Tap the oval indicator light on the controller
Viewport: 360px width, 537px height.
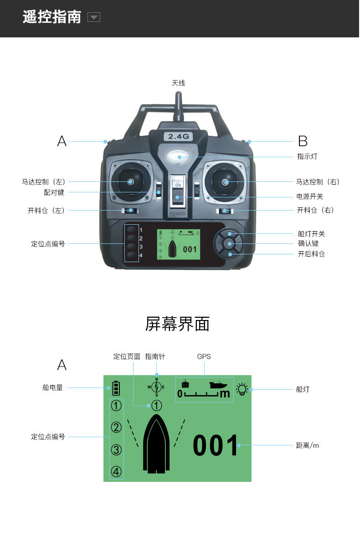click(178, 157)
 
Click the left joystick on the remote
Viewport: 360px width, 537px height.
click(130, 181)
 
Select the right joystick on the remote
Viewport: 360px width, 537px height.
click(225, 182)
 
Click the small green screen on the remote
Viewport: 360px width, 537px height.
click(178, 244)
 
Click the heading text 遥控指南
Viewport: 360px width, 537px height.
click(52, 17)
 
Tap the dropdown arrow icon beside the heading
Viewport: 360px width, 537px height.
click(94, 18)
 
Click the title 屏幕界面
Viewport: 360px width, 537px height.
click(177, 324)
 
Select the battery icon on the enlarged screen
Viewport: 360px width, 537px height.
click(116, 388)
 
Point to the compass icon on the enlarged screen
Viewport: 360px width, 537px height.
click(156, 387)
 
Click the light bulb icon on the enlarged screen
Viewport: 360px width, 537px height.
click(242, 389)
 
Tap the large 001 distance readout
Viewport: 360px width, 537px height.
click(216, 445)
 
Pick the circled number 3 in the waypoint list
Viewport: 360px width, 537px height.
click(117, 450)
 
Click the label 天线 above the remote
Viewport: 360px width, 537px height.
click(178, 83)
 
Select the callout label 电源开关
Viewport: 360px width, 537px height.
click(310, 196)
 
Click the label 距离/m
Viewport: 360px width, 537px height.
click(308, 445)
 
